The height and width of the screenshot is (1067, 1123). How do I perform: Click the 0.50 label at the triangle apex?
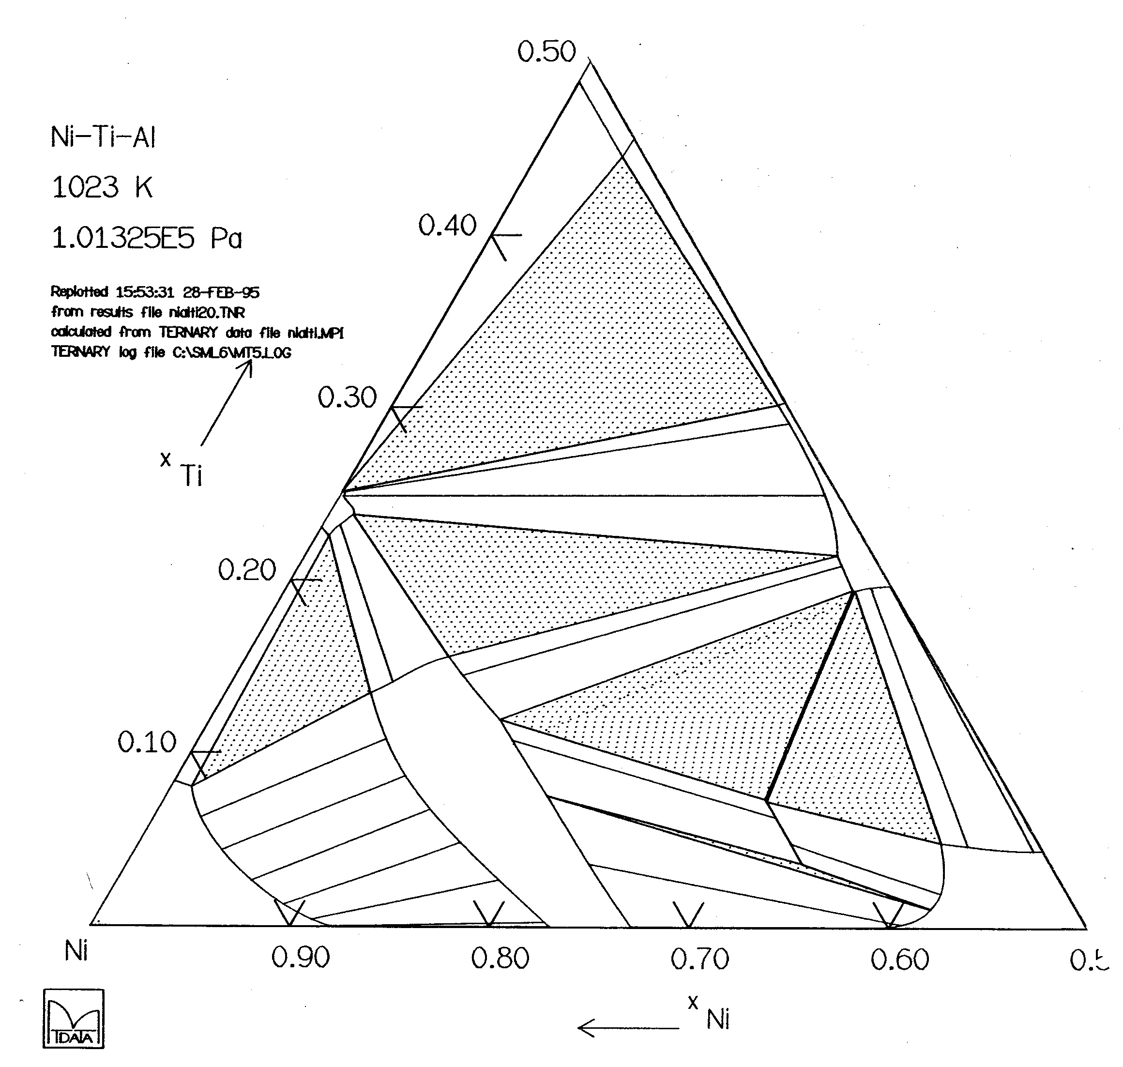coord(546,52)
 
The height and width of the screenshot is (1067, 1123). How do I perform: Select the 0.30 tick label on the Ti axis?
coord(347,397)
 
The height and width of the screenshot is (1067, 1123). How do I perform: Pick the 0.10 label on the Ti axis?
coord(147,742)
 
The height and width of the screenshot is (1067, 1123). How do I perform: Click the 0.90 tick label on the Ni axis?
coord(300,959)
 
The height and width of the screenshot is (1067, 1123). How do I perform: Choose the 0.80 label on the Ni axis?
coord(500,959)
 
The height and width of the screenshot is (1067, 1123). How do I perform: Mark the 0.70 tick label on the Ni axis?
coord(699,959)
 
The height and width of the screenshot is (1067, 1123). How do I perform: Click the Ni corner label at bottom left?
coord(76,950)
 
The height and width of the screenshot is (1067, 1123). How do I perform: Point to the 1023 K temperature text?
coord(102,187)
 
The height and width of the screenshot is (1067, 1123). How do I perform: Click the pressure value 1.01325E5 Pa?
coord(147,238)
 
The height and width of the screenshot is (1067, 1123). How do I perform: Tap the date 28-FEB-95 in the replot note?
coord(221,292)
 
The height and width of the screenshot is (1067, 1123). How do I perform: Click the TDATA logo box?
coord(74,1019)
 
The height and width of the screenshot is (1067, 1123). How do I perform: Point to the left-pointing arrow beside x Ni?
coord(628,1027)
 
